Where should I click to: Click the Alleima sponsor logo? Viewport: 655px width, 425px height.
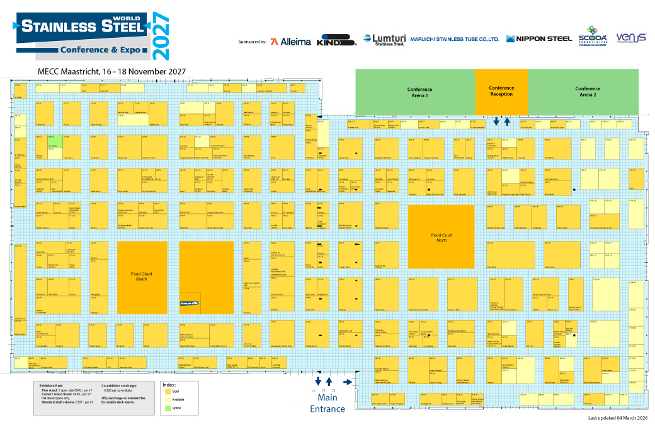pyautogui.click(x=290, y=42)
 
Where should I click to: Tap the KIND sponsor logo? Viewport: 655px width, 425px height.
pyautogui.click(x=337, y=41)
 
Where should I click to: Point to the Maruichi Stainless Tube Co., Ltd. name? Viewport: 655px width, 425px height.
pyautogui.click(x=454, y=39)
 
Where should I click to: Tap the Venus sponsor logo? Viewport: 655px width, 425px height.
pyautogui.click(x=631, y=38)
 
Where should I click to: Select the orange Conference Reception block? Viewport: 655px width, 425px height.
pyautogui.click(x=501, y=91)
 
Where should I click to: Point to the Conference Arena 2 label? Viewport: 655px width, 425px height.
pyautogui.click(x=588, y=92)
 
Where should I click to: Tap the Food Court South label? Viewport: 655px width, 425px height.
pyautogui.click(x=142, y=277)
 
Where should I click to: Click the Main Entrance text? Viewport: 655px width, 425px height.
pyautogui.click(x=327, y=403)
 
